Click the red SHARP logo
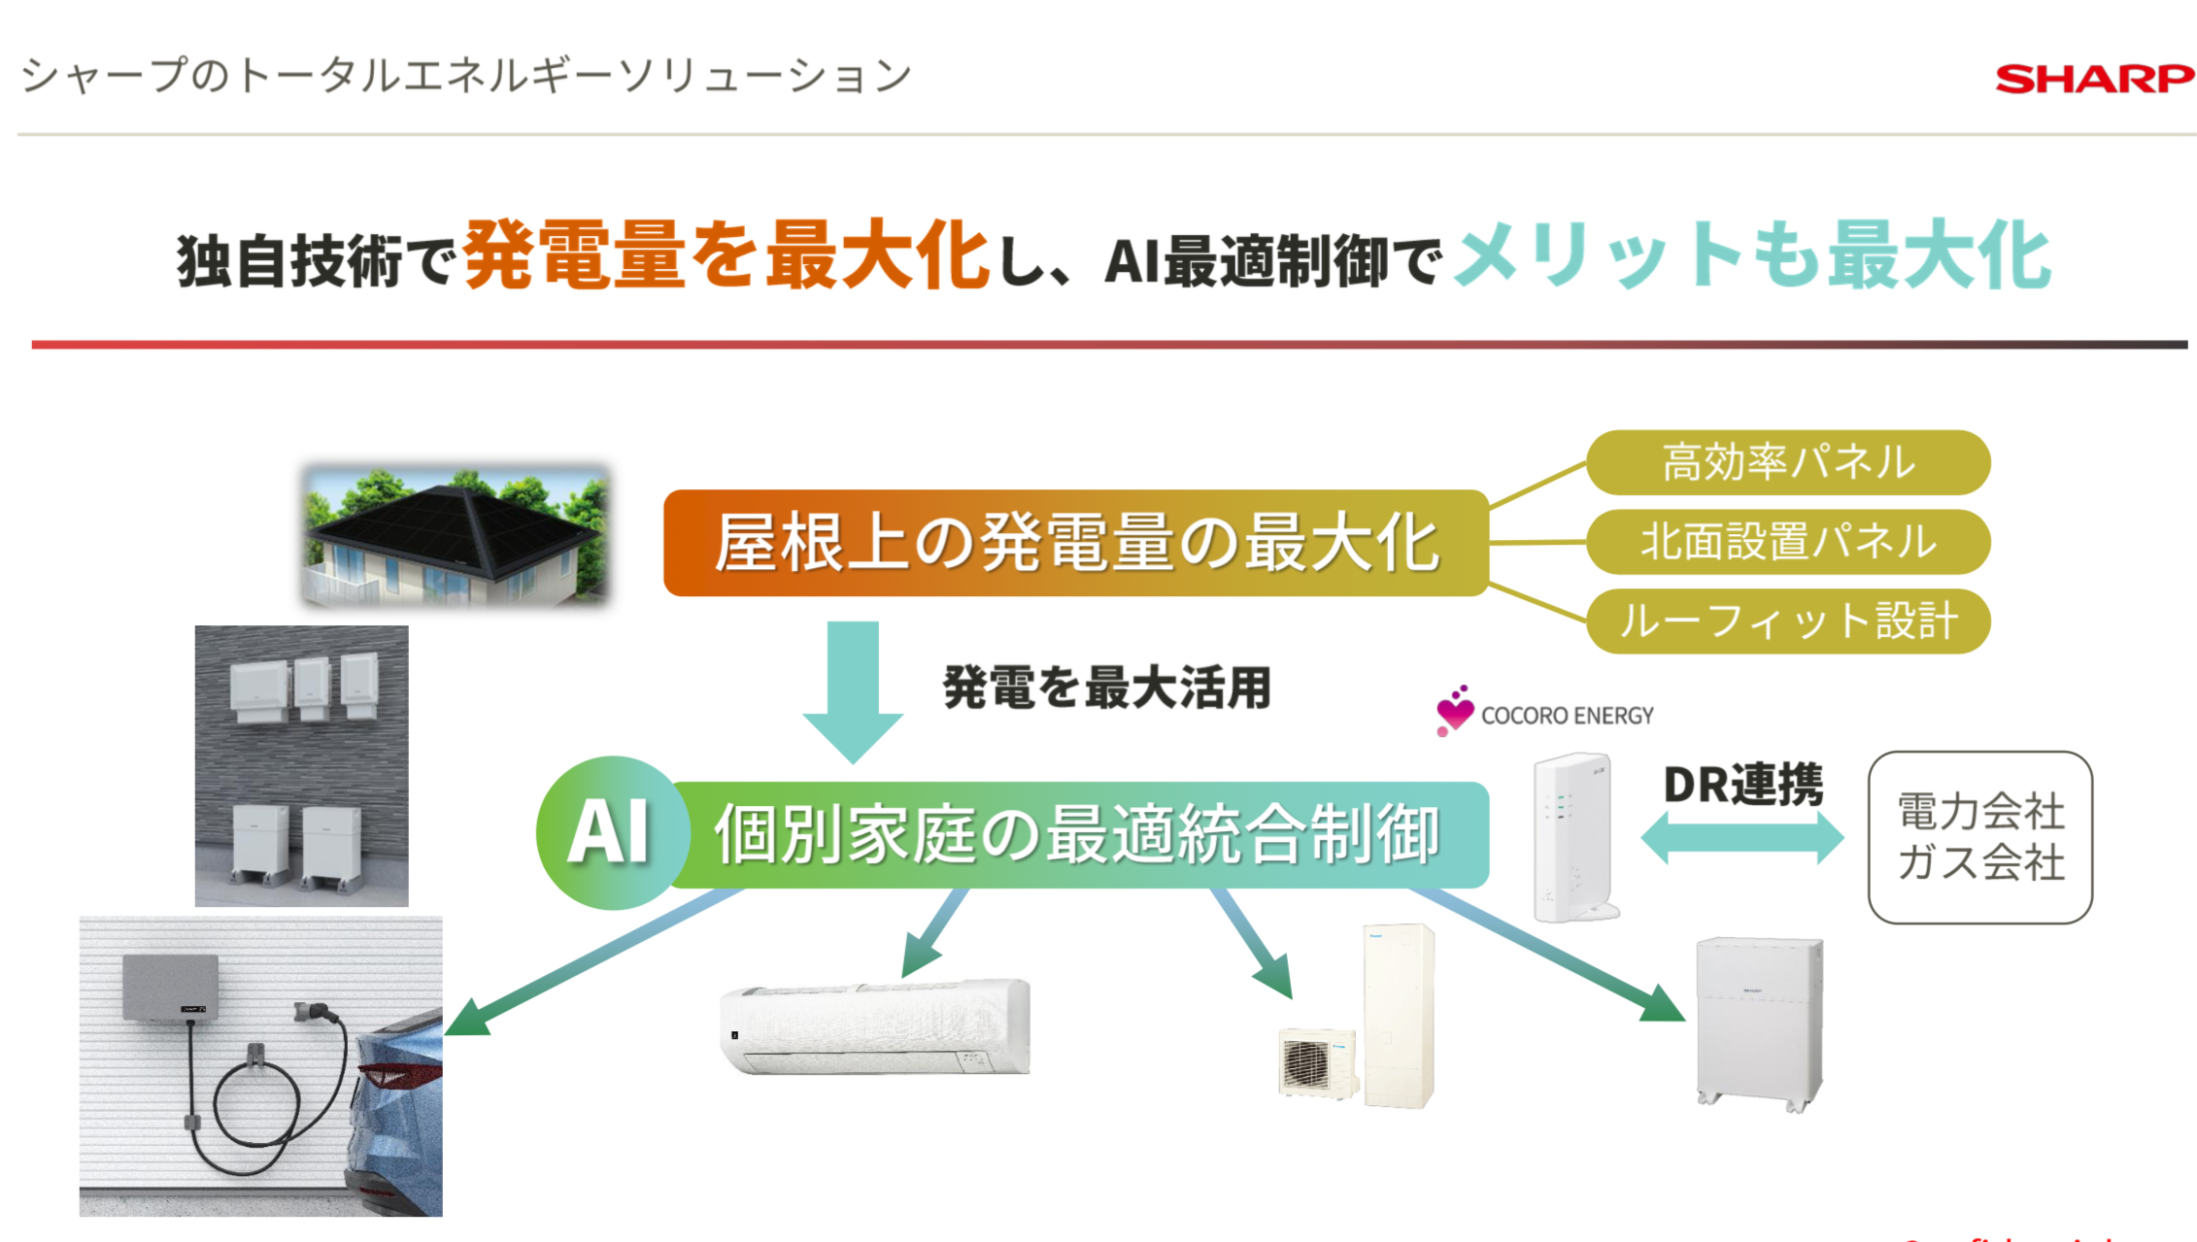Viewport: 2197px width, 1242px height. pyautogui.click(x=2093, y=79)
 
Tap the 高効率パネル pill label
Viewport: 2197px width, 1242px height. pyautogui.click(x=1787, y=462)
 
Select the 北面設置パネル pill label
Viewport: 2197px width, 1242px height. pyautogui.click(x=1787, y=542)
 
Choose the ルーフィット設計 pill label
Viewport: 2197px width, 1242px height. pyautogui.click(x=1787, y=621)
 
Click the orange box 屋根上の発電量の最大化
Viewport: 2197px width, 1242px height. pyautogui.click(x=1075, y=543)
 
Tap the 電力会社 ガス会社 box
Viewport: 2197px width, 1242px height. pyautogui.click(x=1979, y=837)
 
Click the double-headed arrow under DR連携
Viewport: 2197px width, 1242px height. pyautogui.click(x=1741, y=837)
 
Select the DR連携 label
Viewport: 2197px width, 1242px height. pyautogui.click(x=1742, y=785)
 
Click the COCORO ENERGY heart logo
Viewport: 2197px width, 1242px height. pyautogui.click(x=1454, y=711)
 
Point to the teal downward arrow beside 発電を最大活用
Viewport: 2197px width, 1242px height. pyautogui.click(x=853, y=689)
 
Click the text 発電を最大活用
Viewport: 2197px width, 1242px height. pyautogui.click(x=1106, y=688)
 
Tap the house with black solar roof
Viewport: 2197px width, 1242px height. pyautogui.click(x=456, y=536)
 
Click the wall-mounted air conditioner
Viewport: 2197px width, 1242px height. pyautogui.click(x=874, y=1026)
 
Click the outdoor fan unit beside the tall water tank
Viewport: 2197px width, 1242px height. pyautogui.click(x=1316, y=1063)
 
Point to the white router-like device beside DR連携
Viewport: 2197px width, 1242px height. pyautogui.click(x=1572, y=837)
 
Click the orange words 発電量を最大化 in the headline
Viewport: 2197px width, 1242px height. pyautogui.click(x=727, y=255)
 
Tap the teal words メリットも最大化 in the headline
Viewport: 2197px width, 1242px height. pyautogui.click(x=1752, y=255)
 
